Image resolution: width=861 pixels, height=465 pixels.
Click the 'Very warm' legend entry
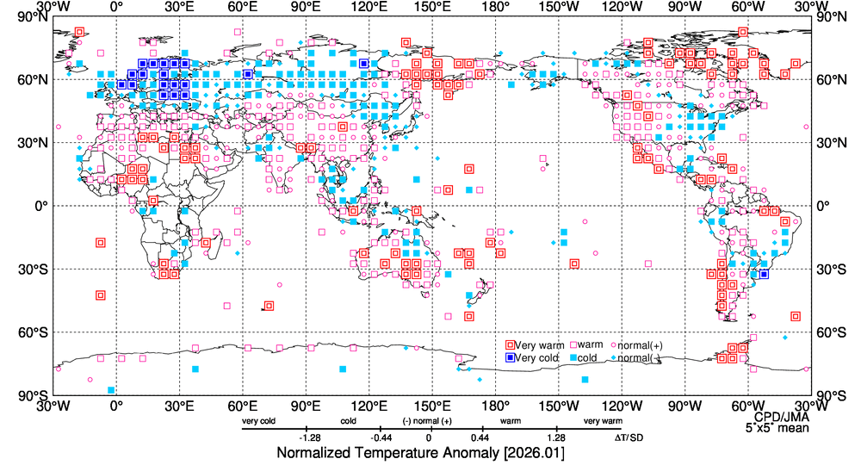(x=534, y=345)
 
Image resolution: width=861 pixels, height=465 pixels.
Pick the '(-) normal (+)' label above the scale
(x=428, y=421)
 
